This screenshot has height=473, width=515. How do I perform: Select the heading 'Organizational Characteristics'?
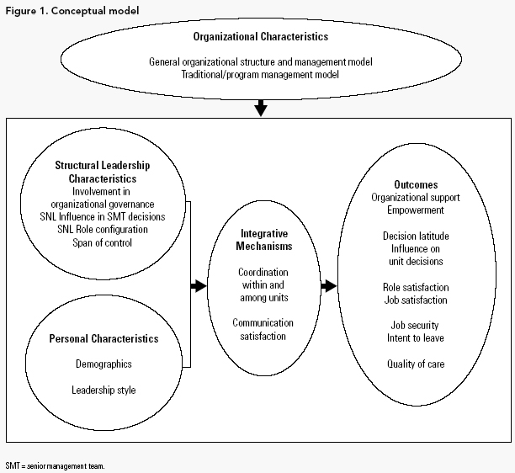(261, 37)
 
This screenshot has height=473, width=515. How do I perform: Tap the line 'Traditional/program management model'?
(261, 73)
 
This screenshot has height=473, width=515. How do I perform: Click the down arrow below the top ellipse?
(261, 107)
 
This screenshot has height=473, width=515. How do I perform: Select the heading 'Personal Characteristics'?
(103, 338)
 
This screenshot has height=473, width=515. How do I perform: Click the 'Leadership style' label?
(103, 391)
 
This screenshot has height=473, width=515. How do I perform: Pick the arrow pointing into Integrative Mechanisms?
(198, 286)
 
